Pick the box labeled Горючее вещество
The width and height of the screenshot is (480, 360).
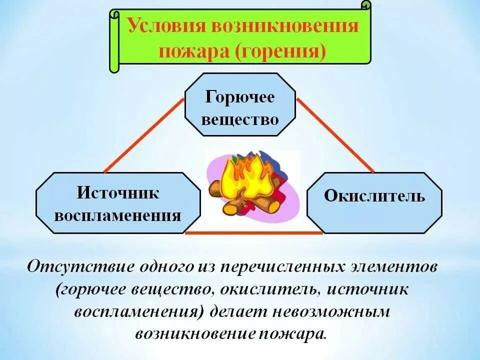240,104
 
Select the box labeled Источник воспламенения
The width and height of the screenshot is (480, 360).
118,202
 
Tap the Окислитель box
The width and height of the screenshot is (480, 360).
374,196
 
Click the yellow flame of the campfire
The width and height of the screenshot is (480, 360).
245,177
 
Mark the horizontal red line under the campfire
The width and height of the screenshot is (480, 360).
254,232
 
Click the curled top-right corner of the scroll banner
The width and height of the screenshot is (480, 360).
367,6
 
